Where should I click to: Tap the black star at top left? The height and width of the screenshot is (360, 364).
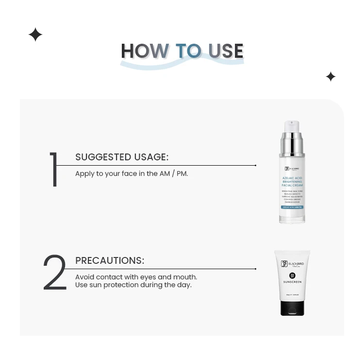coord(35,35)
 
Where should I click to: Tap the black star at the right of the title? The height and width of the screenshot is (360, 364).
coord(331,77)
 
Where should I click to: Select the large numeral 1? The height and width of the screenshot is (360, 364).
coord(54,170)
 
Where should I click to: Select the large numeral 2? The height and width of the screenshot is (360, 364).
coord(54,273)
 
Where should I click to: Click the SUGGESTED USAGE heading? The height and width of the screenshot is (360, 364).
coord(122,157)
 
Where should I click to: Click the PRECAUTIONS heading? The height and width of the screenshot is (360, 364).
coord(110,260)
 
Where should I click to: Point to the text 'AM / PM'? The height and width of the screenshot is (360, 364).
coord(173,173)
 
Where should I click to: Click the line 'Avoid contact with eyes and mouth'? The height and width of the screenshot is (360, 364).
coord(136,277)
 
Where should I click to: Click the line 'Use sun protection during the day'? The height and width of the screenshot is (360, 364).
coord(133,285)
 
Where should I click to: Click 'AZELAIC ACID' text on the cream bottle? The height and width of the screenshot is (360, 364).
coord(292,178)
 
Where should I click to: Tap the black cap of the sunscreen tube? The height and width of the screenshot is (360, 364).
coord(292,308)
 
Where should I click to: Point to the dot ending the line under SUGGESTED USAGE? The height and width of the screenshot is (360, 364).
coord(256,165)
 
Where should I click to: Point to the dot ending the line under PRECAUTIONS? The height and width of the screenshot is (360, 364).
coord(256,269)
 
